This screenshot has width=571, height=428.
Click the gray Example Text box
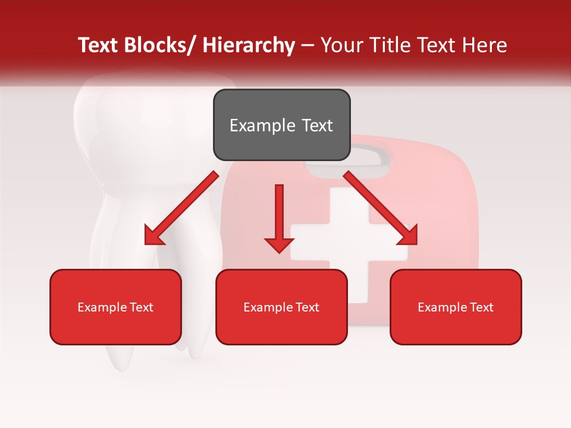281,125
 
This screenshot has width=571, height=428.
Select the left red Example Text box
115,307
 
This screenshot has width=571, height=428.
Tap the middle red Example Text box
281,307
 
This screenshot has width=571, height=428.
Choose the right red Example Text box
456,307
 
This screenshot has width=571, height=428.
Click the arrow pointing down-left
181,208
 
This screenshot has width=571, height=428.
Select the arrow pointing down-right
381,208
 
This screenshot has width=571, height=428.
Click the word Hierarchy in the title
249,45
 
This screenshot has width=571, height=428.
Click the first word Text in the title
99,45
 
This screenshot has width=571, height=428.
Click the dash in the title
308,45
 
